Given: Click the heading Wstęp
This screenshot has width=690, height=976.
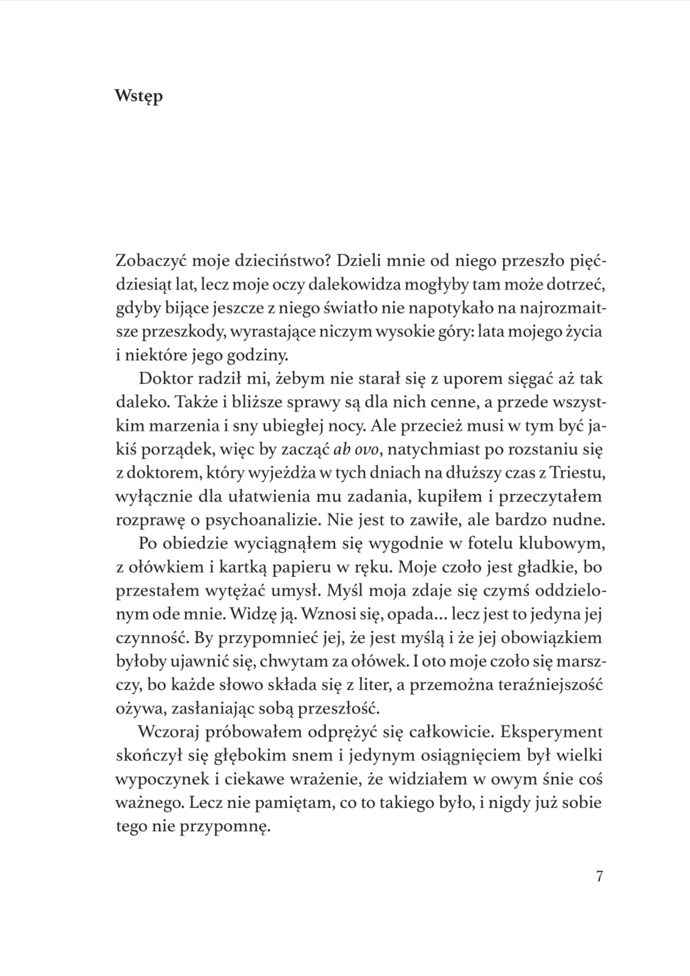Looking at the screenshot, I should coord(139,96).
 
